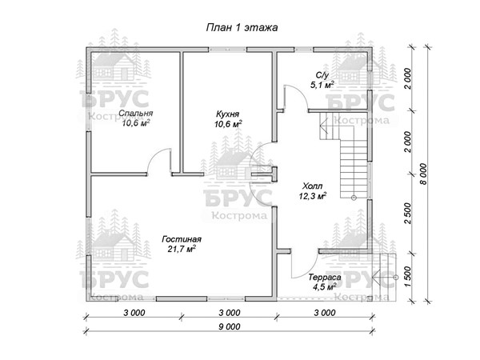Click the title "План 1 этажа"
click(x=242, y=27)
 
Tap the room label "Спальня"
click(x=136, y=113)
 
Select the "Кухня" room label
click(x=227, y=114)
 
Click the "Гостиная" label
click(x=182, y=238)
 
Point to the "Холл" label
click(x=312, y=186)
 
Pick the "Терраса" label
click(x=325, y=278)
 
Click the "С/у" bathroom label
click(x=322, y=75)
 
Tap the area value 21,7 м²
click(x=182, y=249)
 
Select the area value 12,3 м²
click(x=312, y=196)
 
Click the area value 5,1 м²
click(x=322, y=85)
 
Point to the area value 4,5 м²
click(x=325, y=287)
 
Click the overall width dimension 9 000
click(x=230, y=326)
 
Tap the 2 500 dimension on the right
click(x=407, y=213)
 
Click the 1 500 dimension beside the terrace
click(x=407, y=277)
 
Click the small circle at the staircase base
click(x=354, y=198)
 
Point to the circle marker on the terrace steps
click(x=396, y=278)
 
